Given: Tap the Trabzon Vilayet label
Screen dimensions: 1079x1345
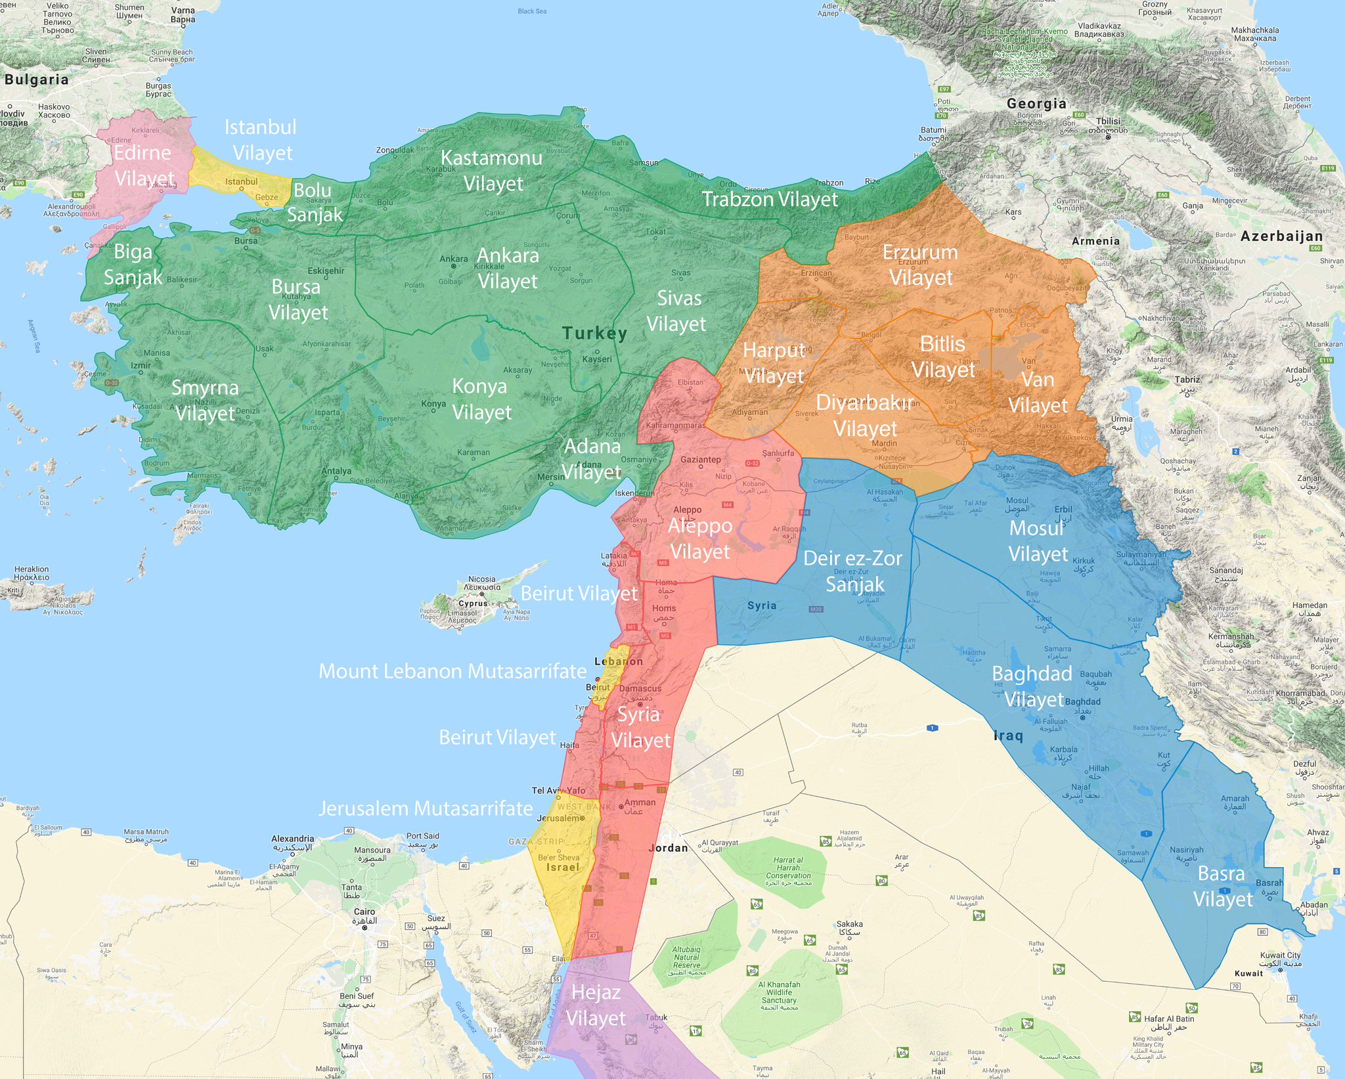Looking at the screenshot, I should pos(770,199).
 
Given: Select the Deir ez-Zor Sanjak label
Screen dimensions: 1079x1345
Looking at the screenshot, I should pos(853,571).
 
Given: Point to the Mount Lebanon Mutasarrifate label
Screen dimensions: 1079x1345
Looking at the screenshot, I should pos(452,671).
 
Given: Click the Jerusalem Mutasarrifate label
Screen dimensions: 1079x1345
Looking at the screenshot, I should pos(426,808).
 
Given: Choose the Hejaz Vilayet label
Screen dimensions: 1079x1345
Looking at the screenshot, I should pos(596,1005).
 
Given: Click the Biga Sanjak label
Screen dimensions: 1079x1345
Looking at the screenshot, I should pos(133,264).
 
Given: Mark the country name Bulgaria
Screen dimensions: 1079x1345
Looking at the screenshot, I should pos(36,79).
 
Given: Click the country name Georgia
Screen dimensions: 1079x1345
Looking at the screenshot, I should pos(1036,103).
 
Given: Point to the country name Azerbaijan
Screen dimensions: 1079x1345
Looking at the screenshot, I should pos(1281,236).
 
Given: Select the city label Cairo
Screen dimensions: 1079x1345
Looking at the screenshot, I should pos(364,912).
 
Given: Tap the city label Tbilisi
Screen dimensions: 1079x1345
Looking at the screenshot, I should pos(1108,121).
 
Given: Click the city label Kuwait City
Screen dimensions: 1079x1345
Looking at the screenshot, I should pos(1280,955).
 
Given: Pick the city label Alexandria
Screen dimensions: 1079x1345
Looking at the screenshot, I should pos(292,839).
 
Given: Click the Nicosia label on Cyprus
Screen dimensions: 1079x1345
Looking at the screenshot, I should pos(481,579).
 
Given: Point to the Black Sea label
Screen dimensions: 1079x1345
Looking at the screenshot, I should pos(532,11).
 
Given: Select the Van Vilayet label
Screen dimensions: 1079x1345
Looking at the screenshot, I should pos(1038,392).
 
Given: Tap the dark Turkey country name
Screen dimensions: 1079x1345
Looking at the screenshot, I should pos(594,333).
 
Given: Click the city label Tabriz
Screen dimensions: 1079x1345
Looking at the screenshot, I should pos(1187,380).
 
